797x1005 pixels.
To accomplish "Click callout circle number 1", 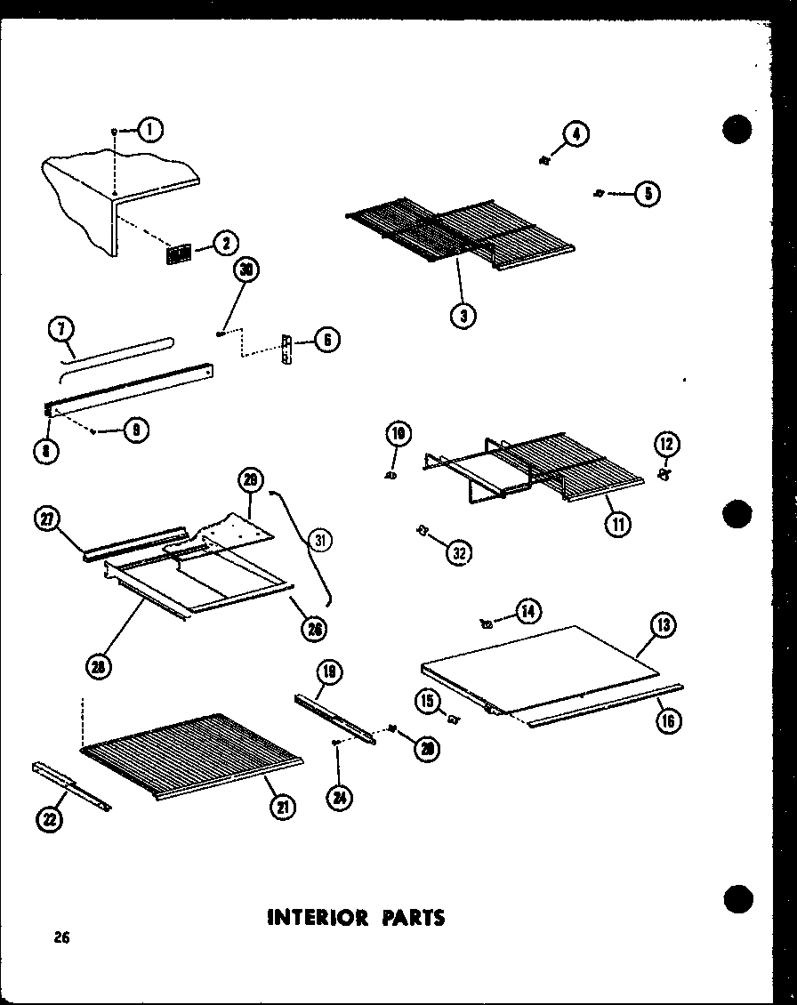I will point(150,132).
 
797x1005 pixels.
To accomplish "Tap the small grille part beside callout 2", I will point(179,253).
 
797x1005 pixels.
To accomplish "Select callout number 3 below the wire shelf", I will point(463,314).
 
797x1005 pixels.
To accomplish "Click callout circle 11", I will point(617,523).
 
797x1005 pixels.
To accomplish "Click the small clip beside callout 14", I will point(487,623).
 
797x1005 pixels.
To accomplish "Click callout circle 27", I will point(47,519).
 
